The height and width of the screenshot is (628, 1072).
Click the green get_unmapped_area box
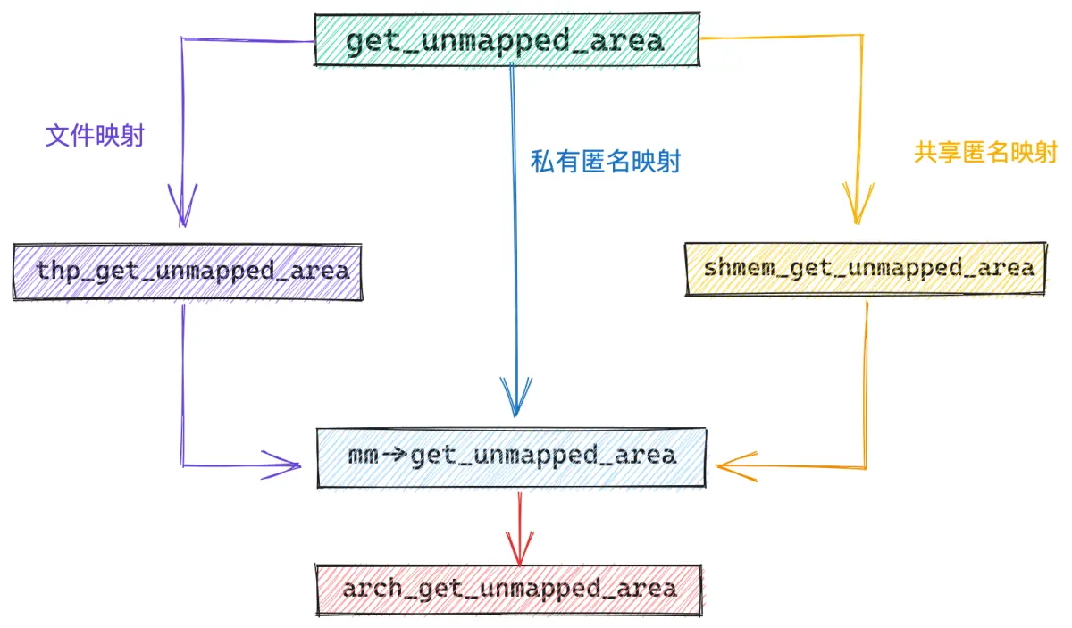pos(507,40)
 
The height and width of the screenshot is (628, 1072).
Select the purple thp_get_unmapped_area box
pos(188,272)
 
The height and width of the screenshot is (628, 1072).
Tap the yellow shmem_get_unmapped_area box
pos(867,269)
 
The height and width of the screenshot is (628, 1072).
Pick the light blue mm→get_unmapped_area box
pos(512,457)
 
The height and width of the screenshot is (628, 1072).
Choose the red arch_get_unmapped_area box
pos(508,590)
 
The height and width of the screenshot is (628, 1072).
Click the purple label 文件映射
pos(95,136)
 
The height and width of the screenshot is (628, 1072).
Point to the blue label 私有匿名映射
pos(606,162)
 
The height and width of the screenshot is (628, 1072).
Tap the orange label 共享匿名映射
pos(985,152)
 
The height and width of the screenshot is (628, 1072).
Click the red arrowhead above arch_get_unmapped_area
pos(520,549)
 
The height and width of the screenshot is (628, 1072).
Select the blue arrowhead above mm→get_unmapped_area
pos(516,398)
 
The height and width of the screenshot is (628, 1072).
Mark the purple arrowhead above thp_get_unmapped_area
pos(182,205)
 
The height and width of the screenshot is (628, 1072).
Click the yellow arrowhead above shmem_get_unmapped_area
pos(858,204)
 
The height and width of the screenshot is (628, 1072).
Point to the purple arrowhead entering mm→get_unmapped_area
pos(281,465)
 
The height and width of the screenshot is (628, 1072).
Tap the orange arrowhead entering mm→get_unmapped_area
pos(737,466)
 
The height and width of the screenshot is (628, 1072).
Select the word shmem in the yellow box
pos(739,268)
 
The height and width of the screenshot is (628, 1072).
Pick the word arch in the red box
pos(372,589)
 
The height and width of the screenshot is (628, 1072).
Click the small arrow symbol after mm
pos(395,454)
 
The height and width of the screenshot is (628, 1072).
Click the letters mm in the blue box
pos(364,456)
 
